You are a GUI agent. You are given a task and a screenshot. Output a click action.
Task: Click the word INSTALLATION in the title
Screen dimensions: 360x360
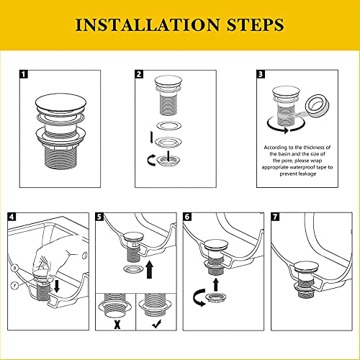pos(148,24)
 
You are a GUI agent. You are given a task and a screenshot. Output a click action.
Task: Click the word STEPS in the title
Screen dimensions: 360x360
pos(256,24)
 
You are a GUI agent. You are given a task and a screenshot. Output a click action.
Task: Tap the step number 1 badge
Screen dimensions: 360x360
pos(24,74)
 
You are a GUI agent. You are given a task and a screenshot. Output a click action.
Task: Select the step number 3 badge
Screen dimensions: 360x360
pos(261,74)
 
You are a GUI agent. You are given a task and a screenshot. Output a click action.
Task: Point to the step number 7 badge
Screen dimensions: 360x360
pos(275,217)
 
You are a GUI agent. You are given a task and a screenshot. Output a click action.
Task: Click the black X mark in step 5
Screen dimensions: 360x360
pos(117,325)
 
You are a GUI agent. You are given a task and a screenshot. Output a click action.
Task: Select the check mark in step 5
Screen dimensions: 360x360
pos(157,325)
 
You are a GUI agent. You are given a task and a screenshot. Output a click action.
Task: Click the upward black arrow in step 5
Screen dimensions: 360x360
pos(150,270)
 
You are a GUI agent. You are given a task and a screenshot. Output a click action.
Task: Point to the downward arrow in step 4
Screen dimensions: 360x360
pos(57,286)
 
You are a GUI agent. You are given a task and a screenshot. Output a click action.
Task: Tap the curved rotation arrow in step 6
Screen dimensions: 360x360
pos(198,297)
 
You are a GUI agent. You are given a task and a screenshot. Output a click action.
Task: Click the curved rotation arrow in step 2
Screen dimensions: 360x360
pos(151,160)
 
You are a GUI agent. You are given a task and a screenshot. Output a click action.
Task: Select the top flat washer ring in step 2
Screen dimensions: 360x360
pos(168,125)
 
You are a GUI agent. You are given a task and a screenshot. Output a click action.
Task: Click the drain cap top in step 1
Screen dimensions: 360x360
pos(60,102)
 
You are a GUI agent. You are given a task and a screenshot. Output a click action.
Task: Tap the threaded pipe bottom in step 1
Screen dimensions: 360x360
pos(60,156)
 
